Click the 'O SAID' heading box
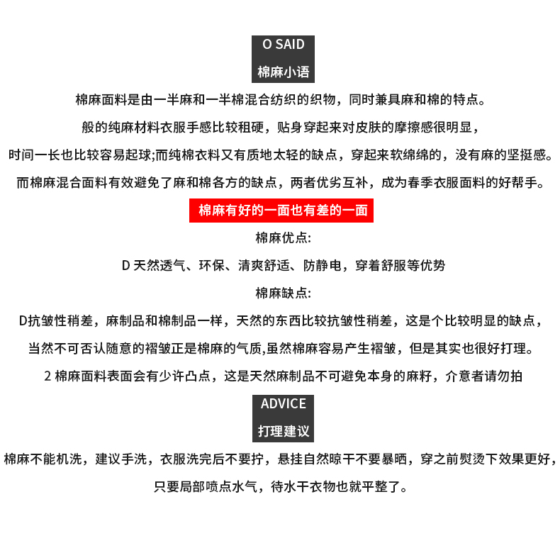point(283,45)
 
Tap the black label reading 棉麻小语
point(283,72)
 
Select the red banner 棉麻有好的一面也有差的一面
point(281,210)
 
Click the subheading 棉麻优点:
point(283,237)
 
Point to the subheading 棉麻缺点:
point(283,293)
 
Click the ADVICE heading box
point(283,404)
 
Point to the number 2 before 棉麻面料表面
point(47,376)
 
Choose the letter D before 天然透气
point(125,266)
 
